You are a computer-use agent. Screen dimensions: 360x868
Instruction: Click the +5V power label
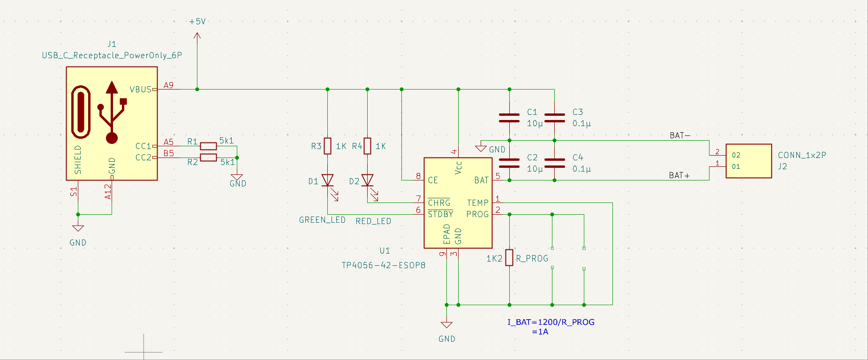197,22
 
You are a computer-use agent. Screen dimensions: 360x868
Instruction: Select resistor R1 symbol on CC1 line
208,146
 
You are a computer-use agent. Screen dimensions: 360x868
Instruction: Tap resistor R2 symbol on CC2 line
208,157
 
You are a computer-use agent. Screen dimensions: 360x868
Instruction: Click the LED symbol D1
327,180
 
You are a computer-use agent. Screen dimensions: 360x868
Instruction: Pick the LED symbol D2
368,180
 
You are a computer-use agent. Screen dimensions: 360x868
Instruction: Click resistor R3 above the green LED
328,146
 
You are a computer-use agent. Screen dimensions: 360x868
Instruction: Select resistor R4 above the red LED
368,146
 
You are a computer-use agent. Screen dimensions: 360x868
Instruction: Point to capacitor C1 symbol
509,118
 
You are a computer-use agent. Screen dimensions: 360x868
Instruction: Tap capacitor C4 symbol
555,163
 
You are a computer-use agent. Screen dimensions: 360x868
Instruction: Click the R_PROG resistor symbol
509,257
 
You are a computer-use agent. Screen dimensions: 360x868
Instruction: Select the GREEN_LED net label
322,220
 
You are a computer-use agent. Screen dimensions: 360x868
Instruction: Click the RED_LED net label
373,221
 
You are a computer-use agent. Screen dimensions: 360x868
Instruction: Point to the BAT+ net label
679,175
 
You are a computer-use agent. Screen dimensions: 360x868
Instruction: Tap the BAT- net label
680,135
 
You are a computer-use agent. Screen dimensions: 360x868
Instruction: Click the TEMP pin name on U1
478,203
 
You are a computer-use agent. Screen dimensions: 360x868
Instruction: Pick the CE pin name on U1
433,180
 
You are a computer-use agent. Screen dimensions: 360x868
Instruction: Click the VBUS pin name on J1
141,90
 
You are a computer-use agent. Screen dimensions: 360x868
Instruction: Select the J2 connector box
748,161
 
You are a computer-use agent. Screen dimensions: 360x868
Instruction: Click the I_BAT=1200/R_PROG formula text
551,322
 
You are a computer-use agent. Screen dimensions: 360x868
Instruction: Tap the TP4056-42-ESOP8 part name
383,265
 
